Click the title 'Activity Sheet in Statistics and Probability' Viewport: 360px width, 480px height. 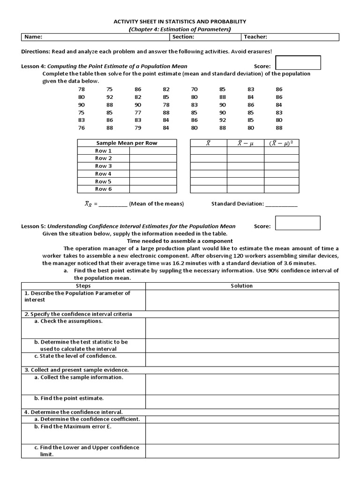click(180, 22)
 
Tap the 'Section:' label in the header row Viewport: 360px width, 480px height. click(183, 37)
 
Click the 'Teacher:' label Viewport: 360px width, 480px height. click(255, 37)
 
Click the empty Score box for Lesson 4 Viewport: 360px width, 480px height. click(298, 63)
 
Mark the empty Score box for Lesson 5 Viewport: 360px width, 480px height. click(298, 223)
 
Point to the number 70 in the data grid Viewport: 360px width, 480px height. click(195, 89)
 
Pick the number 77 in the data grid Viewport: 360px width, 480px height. click(138, 112)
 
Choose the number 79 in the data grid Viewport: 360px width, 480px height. click(138, 128)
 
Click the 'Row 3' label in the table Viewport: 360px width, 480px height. click(104, 166)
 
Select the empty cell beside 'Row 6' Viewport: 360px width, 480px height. click(153, 189)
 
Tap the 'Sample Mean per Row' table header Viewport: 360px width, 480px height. click(127, 143)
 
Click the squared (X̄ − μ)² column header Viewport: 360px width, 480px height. click(284, 143)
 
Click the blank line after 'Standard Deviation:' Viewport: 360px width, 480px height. click(281, 204)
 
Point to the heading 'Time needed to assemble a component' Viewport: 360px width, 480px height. click(180, 241)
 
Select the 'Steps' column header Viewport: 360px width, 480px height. click(83, 285)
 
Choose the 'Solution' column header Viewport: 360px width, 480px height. click(242, 285)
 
